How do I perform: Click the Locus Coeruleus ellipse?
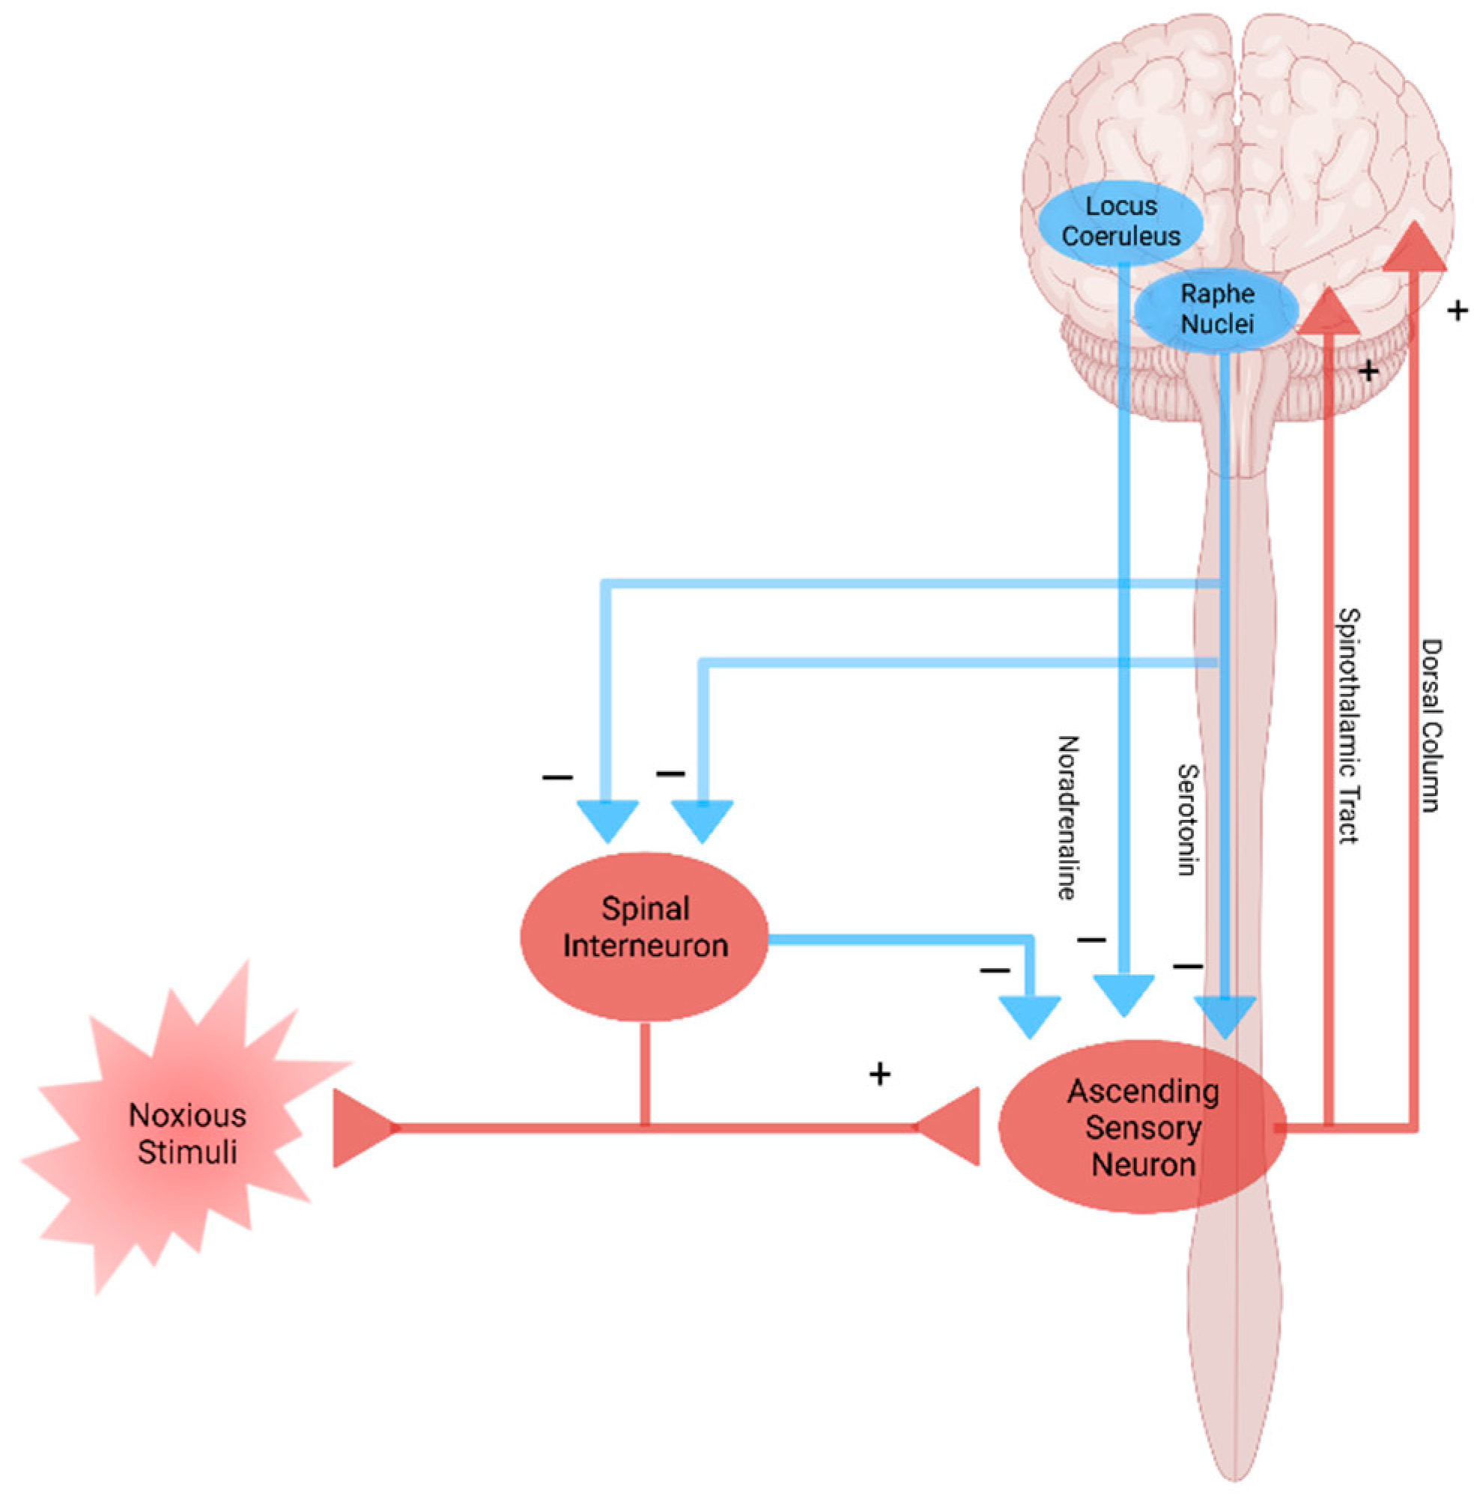1120,222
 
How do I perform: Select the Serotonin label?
1186,819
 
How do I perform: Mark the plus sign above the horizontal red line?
879,1075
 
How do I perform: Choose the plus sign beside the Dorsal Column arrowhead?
1458,311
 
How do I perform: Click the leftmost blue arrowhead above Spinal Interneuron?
607,821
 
